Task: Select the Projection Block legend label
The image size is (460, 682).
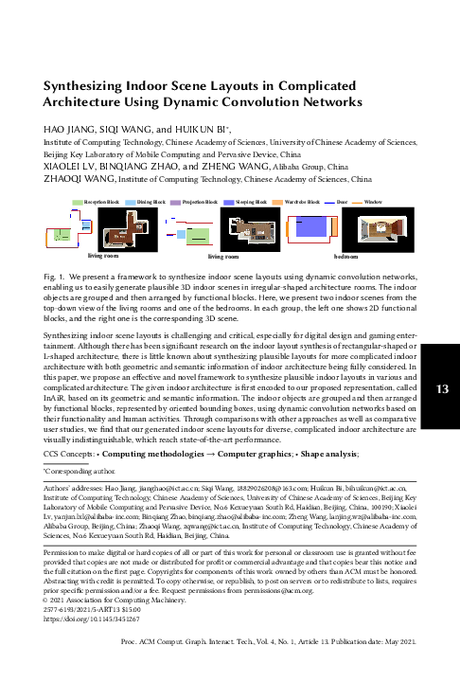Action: (x=203, y=203)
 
